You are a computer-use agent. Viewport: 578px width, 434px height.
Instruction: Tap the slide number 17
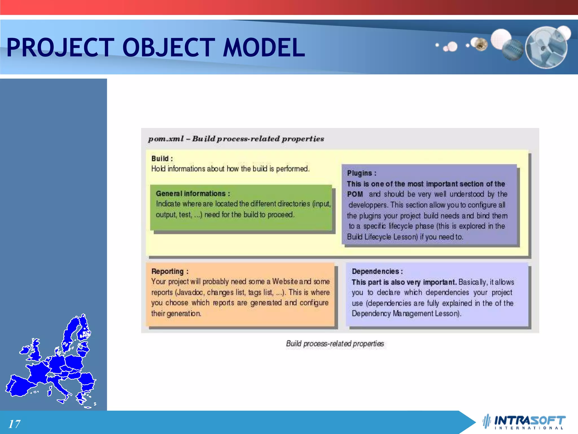click(14, 424)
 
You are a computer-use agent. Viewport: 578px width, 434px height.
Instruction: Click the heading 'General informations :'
click(193, 194)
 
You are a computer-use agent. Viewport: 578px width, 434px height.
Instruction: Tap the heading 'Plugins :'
click(362, 173)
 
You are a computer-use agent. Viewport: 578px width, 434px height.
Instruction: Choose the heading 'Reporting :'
click(170, 271)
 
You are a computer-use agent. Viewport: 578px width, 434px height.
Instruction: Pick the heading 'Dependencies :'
click(377, 271)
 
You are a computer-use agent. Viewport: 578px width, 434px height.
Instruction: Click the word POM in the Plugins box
click(355, 194)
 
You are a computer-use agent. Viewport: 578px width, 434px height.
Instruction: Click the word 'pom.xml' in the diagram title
click(166, 139)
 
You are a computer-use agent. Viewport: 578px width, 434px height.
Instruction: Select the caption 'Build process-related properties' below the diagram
click(335, 344)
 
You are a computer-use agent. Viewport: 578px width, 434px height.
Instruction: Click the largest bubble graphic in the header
click(546, 47)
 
